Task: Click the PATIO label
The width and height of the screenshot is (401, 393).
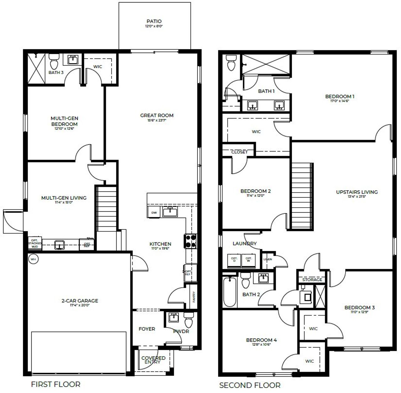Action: [x=154, y=22]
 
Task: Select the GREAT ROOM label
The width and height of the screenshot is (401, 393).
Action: [x=157, y=116]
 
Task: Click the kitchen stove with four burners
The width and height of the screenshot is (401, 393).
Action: [x=191, y=241]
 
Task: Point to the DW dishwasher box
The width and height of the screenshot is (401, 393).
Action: [x=154, y=212]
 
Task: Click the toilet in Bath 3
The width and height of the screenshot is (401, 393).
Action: [x=54, y=61]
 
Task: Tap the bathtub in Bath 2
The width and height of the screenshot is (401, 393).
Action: [x=229, y=292]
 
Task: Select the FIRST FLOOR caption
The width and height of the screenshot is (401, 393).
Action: [x=55, y=384]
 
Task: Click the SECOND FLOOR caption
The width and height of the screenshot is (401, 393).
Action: [x=250, y=385]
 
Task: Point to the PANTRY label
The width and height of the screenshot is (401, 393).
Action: [x=194, y=297]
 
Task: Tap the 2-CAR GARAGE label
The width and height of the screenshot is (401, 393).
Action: [x=80, y=301]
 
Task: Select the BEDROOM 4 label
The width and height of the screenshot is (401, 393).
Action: [x=261, y=340]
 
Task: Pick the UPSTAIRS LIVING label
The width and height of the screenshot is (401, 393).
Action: [x=357, y=192]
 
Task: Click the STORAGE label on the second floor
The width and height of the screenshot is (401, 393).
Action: [x=312, y=280]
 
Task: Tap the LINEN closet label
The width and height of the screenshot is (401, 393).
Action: [x=268, y=259]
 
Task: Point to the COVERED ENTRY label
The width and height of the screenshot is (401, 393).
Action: [x=153, y=360]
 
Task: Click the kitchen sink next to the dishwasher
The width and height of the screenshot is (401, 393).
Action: [x=170, y=212]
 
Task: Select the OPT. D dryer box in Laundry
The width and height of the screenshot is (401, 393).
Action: [x=234, y=260]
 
